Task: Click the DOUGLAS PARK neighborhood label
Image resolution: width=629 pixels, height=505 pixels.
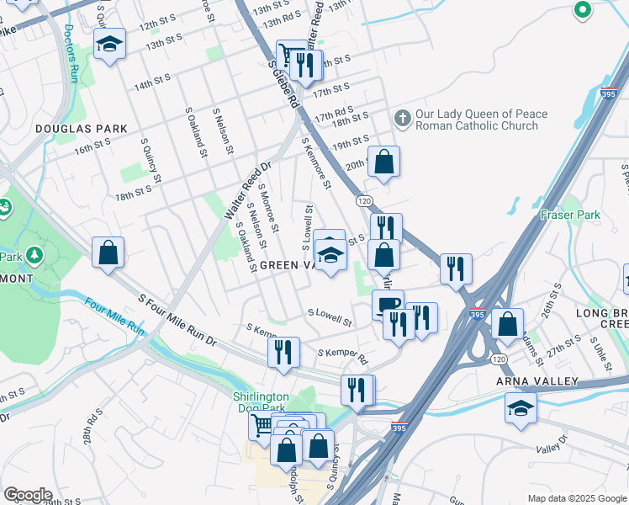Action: click(82, 129)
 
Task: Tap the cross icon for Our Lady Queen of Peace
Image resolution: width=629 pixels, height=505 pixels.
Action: click(403, 120)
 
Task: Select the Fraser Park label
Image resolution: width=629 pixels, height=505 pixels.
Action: click(571, 215)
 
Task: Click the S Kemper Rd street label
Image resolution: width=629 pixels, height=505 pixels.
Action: click(342, 354)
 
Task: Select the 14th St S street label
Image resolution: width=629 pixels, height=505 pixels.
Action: click(151, 82)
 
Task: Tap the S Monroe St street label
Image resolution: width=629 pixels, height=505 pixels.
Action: click(267, 204)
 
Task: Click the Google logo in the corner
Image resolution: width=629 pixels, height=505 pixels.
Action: click(28, 495)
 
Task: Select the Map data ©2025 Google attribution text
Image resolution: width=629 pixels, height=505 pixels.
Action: click(576, 498)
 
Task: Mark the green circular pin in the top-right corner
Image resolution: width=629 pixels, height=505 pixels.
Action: click(582, 10)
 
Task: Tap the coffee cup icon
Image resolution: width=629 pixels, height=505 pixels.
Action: click(388, 305)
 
